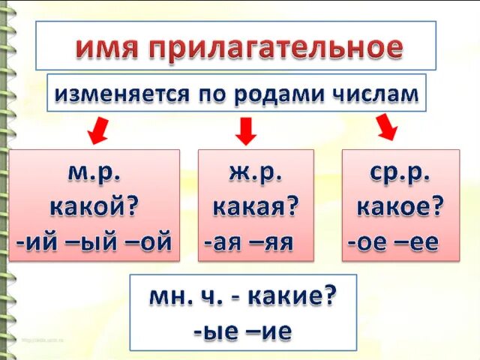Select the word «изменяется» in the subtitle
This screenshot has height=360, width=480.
point(124,94)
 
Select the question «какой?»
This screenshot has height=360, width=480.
point(94,205)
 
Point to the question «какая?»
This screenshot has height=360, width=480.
point(256,205)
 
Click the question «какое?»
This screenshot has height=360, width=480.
point(400,205)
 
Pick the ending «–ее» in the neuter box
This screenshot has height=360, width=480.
point(419,241)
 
